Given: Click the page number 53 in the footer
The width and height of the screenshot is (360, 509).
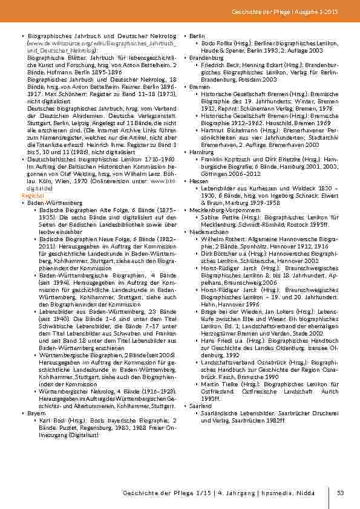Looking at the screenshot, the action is [x=341, y=493].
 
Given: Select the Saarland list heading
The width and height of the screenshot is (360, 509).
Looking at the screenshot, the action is [x=200, y=406].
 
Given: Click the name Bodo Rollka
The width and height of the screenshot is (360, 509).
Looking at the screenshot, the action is [x=217, y=44].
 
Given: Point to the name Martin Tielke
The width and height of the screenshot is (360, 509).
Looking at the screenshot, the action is [x=220, y=384].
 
